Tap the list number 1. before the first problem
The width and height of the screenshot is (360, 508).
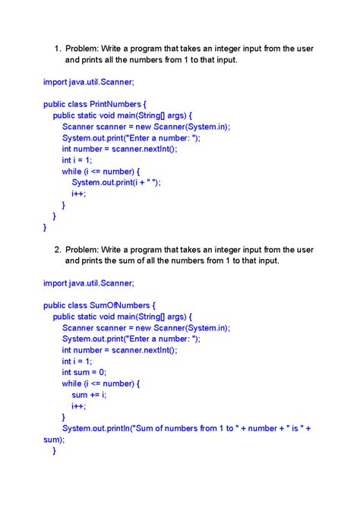pyautogui.click(x=57, y=49)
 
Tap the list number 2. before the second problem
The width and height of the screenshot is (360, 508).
pyautogui.click(x=57, y=250)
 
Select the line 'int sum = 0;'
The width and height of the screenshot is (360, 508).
pyautogui.click(x=84, y=372)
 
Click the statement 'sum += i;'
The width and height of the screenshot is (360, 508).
pyautogui.click(x=89, y=395)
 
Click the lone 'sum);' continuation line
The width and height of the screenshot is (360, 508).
pyautogui.click(x=53, y=439)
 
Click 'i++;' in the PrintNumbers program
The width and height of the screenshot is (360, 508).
pyautogui.click(x=79, y=194)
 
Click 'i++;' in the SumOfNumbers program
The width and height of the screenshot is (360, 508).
pyautogui.click(x=79, y=406)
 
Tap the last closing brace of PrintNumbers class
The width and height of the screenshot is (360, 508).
pyautogui.click(x=45, y=227)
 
